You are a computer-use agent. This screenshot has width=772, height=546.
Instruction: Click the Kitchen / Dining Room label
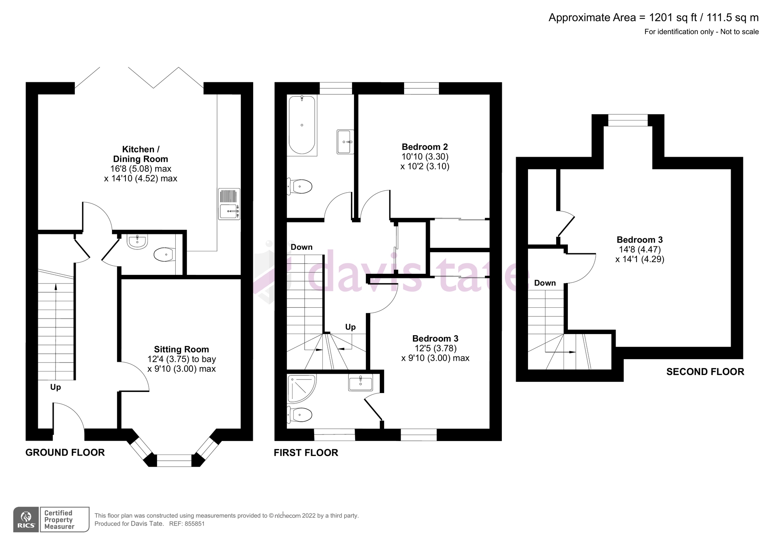point(141,154)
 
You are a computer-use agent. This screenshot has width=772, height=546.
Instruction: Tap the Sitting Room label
point(181,349)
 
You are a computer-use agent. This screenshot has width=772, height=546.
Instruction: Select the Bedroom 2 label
point(425,147)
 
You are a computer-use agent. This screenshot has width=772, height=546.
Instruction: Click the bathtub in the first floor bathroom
point(302,125)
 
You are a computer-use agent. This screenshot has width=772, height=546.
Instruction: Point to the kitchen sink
point(229,204)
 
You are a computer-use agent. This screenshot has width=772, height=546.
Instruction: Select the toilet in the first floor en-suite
point(300,415)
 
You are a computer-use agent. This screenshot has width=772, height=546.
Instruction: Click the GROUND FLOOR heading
point(65,453)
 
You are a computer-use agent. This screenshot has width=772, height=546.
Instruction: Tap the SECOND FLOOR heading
point(705,372)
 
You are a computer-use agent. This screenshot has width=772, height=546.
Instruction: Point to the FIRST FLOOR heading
point(306,453)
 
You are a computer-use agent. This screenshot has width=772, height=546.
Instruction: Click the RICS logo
point(26,520)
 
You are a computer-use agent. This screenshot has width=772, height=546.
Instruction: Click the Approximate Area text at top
point(654,18)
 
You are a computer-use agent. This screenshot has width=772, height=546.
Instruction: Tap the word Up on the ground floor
point(56,387)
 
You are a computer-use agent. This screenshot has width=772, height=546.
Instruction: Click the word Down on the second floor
point(545,283)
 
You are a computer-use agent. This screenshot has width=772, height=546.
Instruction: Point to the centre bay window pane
point(174,461)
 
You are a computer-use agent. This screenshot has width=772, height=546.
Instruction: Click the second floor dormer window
point(628,120)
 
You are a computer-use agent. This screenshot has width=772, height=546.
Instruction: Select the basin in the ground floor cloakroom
point(137,242)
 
